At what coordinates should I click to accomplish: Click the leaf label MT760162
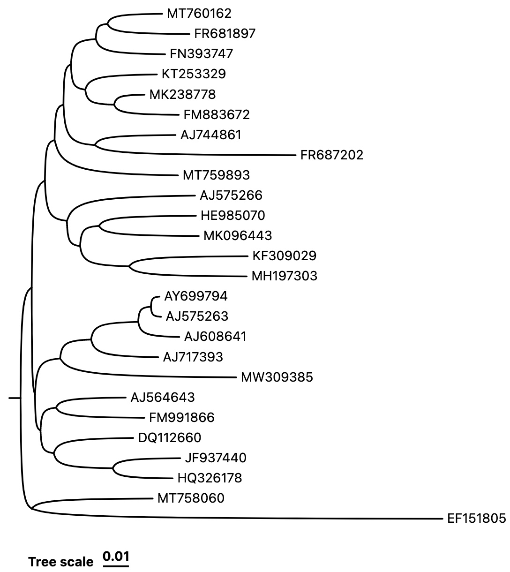(x=199, y=14)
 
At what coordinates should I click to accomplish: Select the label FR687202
(x=331, y=155)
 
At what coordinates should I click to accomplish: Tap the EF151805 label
(x=476, y=519)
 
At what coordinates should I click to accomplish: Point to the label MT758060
(x=191, y=498)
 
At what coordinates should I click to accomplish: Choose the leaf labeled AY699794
(x=195, y=296)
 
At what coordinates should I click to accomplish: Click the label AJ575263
(x=197, y=316)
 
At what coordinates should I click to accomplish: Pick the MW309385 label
(x=277, y=377)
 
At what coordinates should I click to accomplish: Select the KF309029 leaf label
(x=284, y=256)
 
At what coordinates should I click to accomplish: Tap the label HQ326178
(x=210, y=478)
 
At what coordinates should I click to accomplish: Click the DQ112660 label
(x=170, y=437)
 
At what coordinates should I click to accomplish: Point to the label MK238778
(x=182, y=94)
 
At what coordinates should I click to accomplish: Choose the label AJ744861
(x=211, y=135)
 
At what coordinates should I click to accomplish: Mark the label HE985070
(x=233, y=215)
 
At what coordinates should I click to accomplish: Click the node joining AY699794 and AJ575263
(x=152, y=306)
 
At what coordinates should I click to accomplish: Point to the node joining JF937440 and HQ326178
(x=113, y=468)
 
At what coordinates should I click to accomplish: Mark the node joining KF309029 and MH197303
(x=129, y=266)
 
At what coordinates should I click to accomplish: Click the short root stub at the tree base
(x=15, y=398)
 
